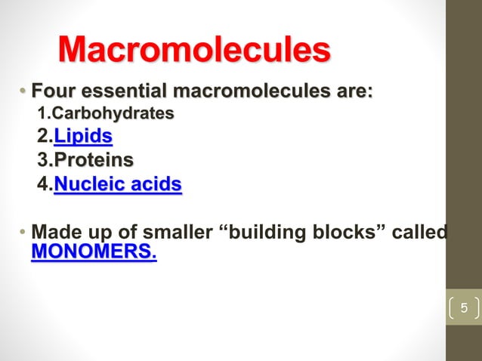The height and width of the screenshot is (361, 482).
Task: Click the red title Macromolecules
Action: click(194, 51)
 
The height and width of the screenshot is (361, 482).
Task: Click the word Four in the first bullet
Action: click(56, 93)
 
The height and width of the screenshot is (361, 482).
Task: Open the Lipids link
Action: click(83, 137)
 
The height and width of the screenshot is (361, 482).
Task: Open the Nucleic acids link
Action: click(118, 184)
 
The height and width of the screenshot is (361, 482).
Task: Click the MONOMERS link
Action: click(94, 250)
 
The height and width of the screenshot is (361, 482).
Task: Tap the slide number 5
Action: click(465, 308)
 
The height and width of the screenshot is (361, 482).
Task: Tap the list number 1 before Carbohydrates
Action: click(42, 115)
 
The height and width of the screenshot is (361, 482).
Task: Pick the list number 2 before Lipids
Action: click(42, 137)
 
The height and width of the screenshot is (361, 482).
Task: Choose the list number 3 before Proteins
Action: click(42, 160)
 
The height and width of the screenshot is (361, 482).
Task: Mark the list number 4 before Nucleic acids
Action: click(42, 184)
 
